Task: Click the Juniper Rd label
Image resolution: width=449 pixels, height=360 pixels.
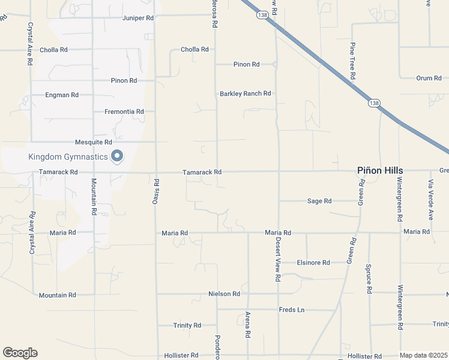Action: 138,18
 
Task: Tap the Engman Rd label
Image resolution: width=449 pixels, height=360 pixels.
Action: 62,95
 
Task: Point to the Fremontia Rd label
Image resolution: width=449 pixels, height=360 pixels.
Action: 124,112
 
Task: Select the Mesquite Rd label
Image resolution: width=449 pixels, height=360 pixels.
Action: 94,142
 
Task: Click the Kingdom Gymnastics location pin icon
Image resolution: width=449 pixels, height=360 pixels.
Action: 118,157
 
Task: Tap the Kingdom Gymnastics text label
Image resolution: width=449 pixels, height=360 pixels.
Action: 68,157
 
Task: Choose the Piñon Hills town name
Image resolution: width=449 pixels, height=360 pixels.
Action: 379,171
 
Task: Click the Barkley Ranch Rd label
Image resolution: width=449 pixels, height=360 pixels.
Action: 246,94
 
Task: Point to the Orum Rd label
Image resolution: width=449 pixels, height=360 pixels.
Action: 429,78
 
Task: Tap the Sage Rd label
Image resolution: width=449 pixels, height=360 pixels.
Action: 319,201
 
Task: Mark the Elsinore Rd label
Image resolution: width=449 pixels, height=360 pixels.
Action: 314,263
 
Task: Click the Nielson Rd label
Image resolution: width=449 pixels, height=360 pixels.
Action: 224,294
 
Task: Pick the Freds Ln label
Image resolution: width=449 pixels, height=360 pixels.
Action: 292,310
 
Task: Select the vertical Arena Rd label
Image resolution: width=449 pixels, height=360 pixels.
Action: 247,324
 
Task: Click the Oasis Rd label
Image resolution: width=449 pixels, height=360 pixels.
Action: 156,192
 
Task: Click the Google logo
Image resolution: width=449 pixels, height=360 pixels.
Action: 20,353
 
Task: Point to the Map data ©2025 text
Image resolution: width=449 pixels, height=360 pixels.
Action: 423,355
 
